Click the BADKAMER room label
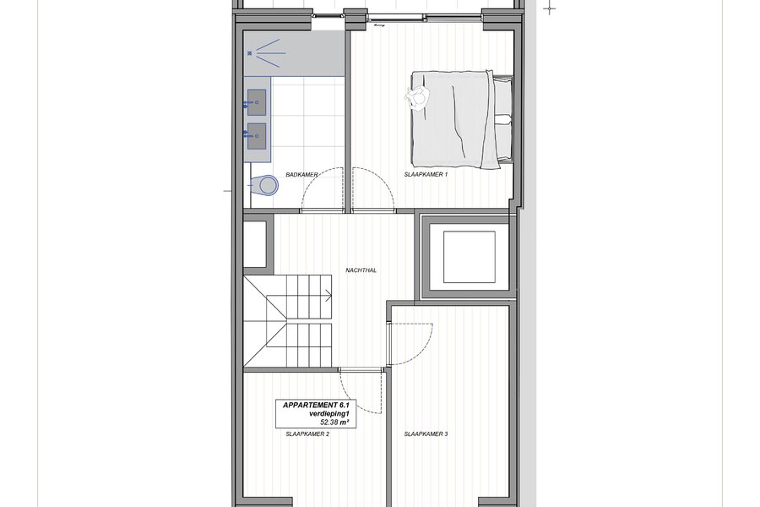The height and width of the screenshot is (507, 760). coord(301,175)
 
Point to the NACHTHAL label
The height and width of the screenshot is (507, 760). coord(361,270)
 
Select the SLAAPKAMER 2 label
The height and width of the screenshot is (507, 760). coord(307,434)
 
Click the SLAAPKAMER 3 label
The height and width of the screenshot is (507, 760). coord(426,434)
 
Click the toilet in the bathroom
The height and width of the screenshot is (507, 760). coord(265,185)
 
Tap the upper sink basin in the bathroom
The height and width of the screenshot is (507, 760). coord(257,102)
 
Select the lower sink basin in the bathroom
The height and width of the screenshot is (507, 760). coord(257,136)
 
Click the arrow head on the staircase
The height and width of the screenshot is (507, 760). coord(328,295)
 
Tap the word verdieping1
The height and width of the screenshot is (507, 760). coord(329,414)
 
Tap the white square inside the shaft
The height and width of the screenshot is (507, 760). coord(470,257)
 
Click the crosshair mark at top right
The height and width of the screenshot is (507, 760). coord(549,8)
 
